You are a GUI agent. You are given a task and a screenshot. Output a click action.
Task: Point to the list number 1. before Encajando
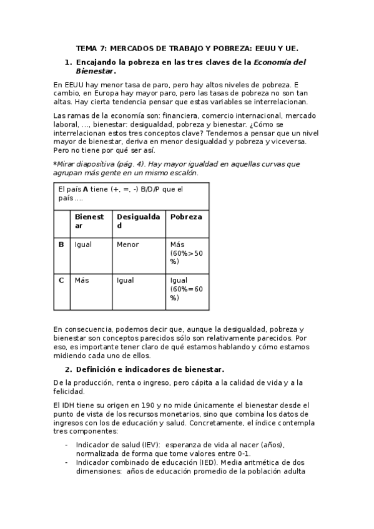click(69, 62)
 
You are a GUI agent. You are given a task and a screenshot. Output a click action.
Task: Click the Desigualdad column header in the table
click(139, 221)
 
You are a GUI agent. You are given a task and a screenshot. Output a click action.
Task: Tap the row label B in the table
click(61, 245)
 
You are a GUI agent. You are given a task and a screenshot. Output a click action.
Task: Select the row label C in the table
click(61, 280)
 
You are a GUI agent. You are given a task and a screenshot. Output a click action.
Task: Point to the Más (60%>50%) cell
click(186, 253)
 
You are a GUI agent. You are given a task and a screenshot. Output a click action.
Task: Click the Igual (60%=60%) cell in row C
click(186, 289)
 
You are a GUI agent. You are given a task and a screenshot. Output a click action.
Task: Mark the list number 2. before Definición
click(69, 369)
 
